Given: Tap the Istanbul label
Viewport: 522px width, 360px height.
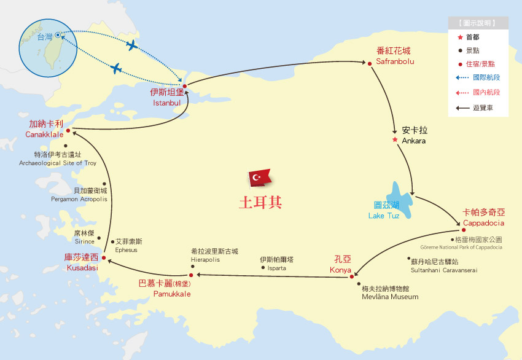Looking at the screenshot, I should click(x=166, y=103).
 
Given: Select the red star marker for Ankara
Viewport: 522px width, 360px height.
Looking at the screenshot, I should click(x=395, y=139).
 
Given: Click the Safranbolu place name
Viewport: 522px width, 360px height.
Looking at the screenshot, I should click(x=395, y=61).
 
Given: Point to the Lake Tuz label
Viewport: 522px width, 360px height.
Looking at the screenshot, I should click(x=384, y=216).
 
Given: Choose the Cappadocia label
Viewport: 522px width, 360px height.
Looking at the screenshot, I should click(x=483, y=222).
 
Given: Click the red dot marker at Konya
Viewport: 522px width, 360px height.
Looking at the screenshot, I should click(x=352, y=276).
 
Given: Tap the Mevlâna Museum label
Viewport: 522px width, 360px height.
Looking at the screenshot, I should click(x=390, y=297).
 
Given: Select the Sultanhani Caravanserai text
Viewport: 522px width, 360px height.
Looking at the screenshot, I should click(x=444, y=270).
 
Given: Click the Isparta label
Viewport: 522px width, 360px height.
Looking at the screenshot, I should click(x=273, y=268).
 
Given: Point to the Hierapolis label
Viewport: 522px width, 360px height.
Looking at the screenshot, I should click(x=210, y=260).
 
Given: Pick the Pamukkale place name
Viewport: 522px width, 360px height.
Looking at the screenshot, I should click(x=172, y=294).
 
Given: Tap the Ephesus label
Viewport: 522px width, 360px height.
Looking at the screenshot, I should click(x=127, y=250).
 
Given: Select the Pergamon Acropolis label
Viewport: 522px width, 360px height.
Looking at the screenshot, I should click(x=79, y=200).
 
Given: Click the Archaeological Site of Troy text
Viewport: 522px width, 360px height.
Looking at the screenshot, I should click(x=58, y=163).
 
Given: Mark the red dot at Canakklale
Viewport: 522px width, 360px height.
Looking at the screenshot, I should click(x=68, y=130).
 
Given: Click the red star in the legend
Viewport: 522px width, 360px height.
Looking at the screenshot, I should click(x=460, y=37).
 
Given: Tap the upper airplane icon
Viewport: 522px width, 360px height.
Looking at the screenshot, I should click(x=131, y=45).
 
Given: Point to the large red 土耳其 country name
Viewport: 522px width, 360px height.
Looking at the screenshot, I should click(x=260, y=202).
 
